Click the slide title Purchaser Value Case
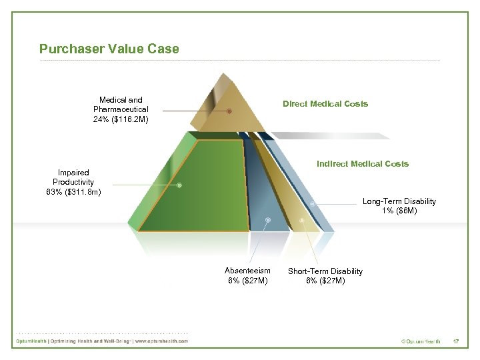(109, 49)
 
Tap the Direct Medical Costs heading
(325, 103)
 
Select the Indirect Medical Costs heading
(363, 163)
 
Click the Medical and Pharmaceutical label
(121, 105)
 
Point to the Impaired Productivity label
(73, 177)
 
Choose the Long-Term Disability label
(399, 201)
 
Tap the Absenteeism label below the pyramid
(247, 271)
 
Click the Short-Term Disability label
(325, 271)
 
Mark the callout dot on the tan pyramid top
(229, 111)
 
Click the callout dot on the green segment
(179, 185)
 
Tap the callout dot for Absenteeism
(267, 219)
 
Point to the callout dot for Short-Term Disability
(302, 219)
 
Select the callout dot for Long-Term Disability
(313, 203)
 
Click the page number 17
(456, 341)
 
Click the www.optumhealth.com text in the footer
(162, 341)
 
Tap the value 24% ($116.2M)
(121, 120)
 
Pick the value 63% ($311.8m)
(73, 193)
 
